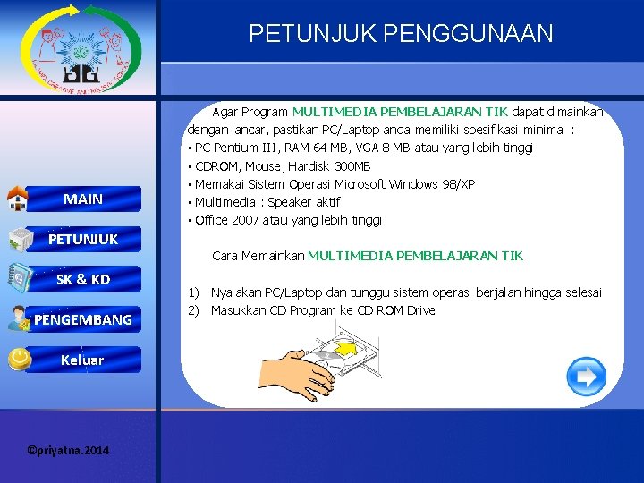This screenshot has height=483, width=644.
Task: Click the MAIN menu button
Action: (x=83, y=199)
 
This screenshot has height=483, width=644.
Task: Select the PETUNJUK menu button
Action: (x=82, y=239)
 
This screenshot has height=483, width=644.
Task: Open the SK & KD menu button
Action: (x=83, y=279)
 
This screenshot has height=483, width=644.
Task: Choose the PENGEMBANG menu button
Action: (x=83, y=319)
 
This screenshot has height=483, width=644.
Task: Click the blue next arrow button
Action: (x=587, y=377)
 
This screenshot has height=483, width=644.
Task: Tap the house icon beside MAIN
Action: (x=18, y=199)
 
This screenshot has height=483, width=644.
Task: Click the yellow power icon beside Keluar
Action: (x=18, y=359)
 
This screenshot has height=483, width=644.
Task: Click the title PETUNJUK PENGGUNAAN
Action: (x=401, y=34)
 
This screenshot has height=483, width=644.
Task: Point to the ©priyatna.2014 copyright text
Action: (x=69, y=450)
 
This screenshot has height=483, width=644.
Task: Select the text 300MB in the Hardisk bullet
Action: (x=352, y=166)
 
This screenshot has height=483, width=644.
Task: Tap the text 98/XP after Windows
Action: (x=458, y=184)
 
